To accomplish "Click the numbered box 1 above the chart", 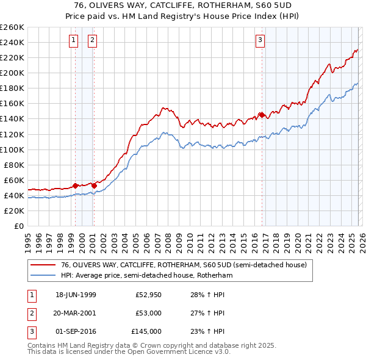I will click(x=73, y=41).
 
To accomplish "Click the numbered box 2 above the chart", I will click(x=92, y=41).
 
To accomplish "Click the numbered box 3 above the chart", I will click(x=260, y=41).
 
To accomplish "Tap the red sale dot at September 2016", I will click(x=262, y=114).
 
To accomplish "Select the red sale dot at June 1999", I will click(x=75, y=185).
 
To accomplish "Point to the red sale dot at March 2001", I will click(x=94, y=185).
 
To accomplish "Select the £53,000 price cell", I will click(x=148, y=313).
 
